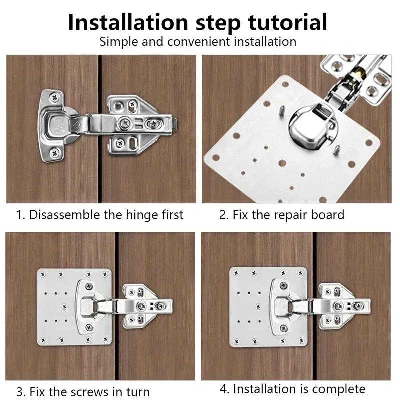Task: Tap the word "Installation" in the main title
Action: (x=127, y=22)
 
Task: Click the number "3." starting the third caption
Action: (x=21, y=391)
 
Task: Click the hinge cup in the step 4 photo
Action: (x=282, y=305)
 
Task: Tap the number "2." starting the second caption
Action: (x=224, y=215)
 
